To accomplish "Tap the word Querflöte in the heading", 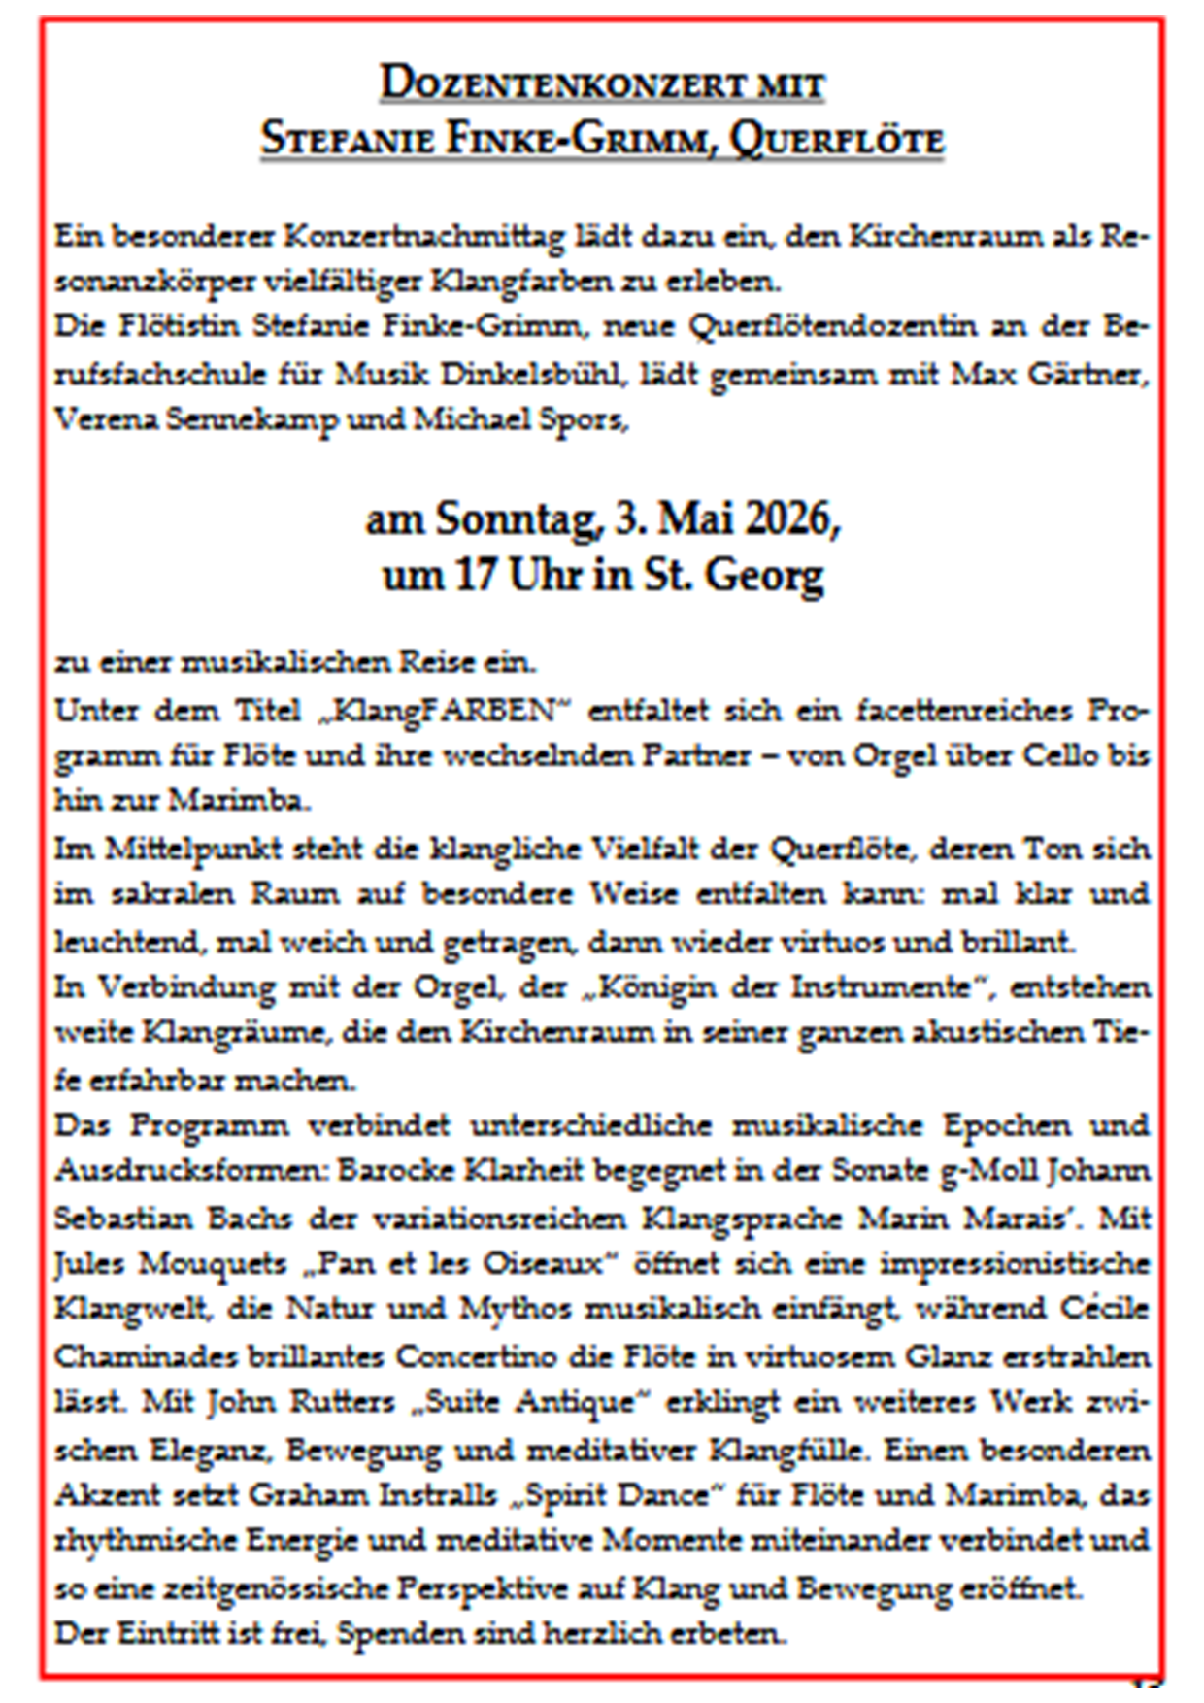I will [x=836, y=139].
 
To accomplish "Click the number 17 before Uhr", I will [x=475, y=575].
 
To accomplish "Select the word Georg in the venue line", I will [x=764, y=575].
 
